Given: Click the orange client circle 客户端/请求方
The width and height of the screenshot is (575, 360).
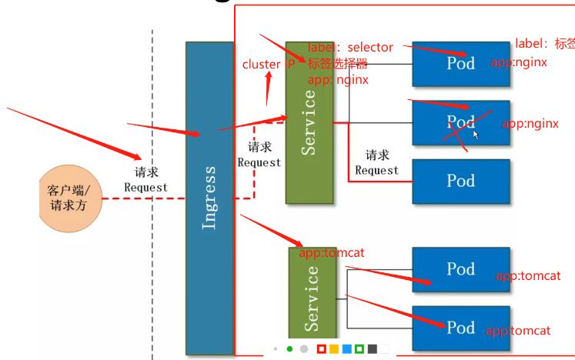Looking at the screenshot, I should [70, 198].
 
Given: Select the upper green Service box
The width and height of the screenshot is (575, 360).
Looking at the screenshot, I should [309, 122].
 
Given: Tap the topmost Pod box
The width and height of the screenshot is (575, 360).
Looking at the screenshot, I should [460, 63].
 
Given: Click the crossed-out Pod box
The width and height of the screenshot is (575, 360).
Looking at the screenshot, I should [460, 122].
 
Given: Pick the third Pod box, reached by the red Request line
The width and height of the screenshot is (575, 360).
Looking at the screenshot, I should [460, 181].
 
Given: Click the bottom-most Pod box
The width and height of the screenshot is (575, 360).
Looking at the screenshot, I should [460, 328].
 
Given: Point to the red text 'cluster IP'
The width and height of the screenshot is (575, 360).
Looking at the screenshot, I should [268, 65].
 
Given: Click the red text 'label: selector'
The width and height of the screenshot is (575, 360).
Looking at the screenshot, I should [350, 48].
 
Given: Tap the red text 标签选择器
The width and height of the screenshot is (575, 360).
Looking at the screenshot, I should [338, 64].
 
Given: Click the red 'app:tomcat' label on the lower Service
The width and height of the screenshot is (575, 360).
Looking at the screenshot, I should [332, 252].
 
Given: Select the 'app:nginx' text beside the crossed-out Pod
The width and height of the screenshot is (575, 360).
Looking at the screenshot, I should [530, 123].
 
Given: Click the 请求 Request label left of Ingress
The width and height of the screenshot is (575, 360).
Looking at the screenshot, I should [145, 180].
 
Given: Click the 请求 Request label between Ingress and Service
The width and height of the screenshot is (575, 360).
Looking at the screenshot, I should [259, 155].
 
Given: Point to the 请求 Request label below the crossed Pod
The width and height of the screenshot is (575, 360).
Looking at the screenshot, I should [377, 163].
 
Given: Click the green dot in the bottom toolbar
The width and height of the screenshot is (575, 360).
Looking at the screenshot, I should [289, 348].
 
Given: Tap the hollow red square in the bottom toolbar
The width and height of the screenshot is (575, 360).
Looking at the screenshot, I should [321, 348].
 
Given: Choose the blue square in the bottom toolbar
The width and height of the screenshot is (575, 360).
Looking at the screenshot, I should [346, 348].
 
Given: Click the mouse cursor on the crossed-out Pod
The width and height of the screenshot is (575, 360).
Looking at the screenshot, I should [476, 135].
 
